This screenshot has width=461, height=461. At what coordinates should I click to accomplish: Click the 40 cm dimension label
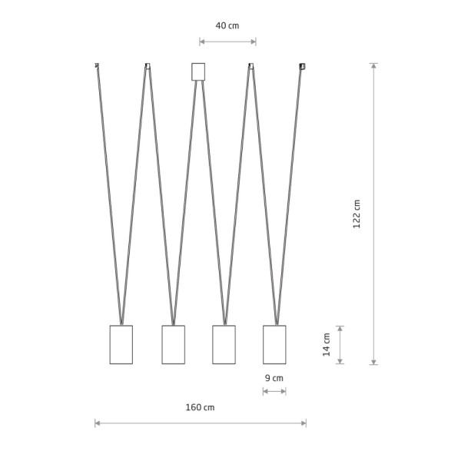click(227, 25)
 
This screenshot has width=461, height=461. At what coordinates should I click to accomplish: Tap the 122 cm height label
click(357, 214)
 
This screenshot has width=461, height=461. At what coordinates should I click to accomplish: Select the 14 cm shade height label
click(327, 344)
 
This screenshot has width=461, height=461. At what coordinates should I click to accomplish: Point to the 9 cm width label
click(274, 378)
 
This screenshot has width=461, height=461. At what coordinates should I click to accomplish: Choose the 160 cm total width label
click(200, 407)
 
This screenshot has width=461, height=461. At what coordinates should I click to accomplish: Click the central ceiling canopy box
click(198, 71)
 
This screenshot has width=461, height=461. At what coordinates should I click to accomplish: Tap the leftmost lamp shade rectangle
click(121, 344)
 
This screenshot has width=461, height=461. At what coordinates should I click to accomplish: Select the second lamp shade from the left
click(174, 344)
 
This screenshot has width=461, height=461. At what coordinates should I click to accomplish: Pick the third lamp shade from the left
click(224, 344)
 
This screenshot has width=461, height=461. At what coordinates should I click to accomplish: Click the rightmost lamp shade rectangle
click(274, 344)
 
